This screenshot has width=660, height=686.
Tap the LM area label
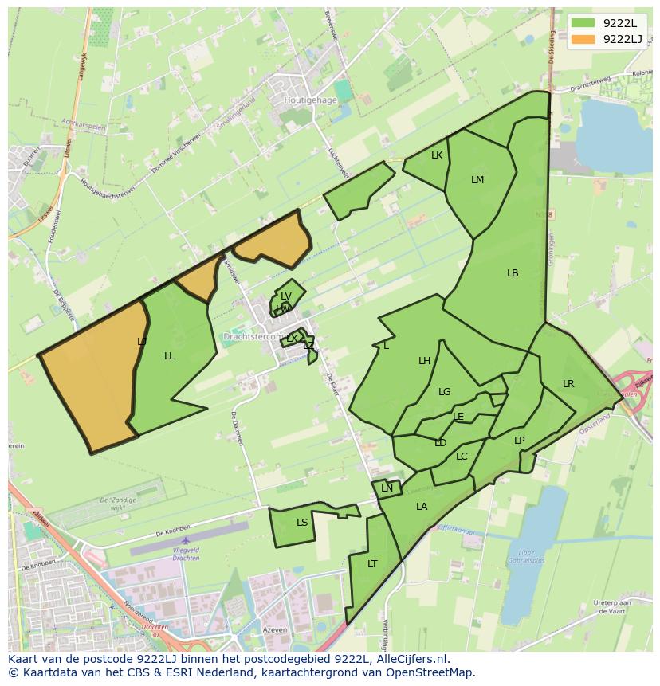[x=477, y=180]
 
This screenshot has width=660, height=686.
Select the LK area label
[x=437, y=155]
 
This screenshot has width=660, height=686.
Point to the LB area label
[x=513, y=273]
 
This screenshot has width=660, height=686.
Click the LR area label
[x=568, y=384]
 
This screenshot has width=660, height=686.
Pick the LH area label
[x=425, y=361]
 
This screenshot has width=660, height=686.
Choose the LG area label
[x=445, y=392]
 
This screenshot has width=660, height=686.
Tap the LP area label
[x=520, y=441]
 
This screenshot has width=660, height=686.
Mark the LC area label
[x=462, y=457]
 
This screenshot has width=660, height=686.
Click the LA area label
[x=422, y=507]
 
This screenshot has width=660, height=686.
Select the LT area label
[x=372, y=564]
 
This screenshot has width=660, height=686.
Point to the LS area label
[x=302, y=523]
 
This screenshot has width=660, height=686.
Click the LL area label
[x=169, y=356]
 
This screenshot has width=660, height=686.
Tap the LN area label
[x=387, y=488]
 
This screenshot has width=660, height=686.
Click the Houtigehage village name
[x=311, y=101]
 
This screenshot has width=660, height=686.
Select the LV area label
[x=286, y=296]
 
